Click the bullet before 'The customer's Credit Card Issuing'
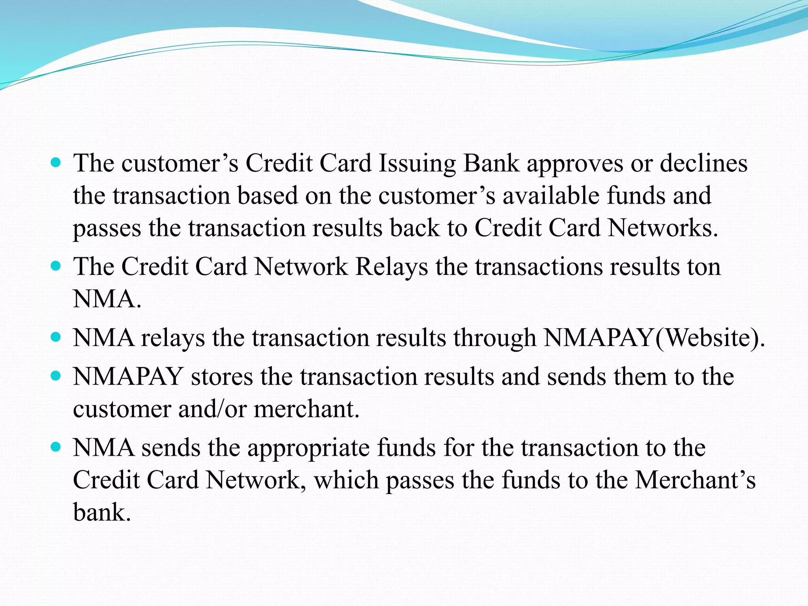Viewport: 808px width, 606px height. pyautogui.click(x=56, y=162)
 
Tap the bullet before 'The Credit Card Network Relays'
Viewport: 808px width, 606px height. pyautogui.click(x=56, y=266)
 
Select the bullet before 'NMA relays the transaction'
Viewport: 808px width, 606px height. pyautogui.click(x=56, y=337)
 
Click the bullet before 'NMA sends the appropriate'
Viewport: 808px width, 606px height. pyautogui.click(x=56, y=447)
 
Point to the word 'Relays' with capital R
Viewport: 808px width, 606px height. pyautogui.click(x=391, y=267)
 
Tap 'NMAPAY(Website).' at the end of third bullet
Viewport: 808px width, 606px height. pyautogui.click(x=654, y=339)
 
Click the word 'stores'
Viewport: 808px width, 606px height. pyautogui.click(x=222, y=377)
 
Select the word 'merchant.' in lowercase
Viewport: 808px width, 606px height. pyautogui.click(x=307, y=409)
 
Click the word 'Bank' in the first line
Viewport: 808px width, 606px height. pyautogui.click(x=491, y=163)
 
